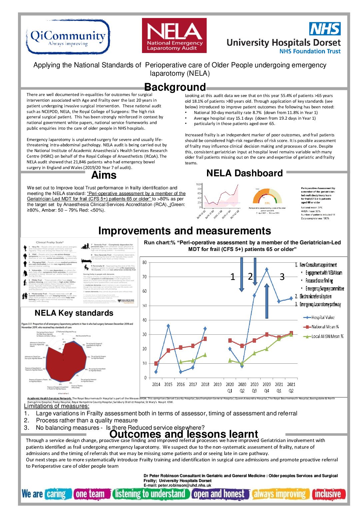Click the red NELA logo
point(174,36)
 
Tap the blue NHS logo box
point(325,29)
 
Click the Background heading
point(175,87)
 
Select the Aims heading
point(104,175)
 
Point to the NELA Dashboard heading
point(244,173)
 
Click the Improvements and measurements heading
point(184,231)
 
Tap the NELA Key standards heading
point(74,313)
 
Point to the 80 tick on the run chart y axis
point(144,262)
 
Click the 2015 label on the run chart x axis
point(168,384)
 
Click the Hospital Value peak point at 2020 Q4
point(267,269)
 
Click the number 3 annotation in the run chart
point(282,277)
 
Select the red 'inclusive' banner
point(328,494)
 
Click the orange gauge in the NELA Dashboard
point(267,197)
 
